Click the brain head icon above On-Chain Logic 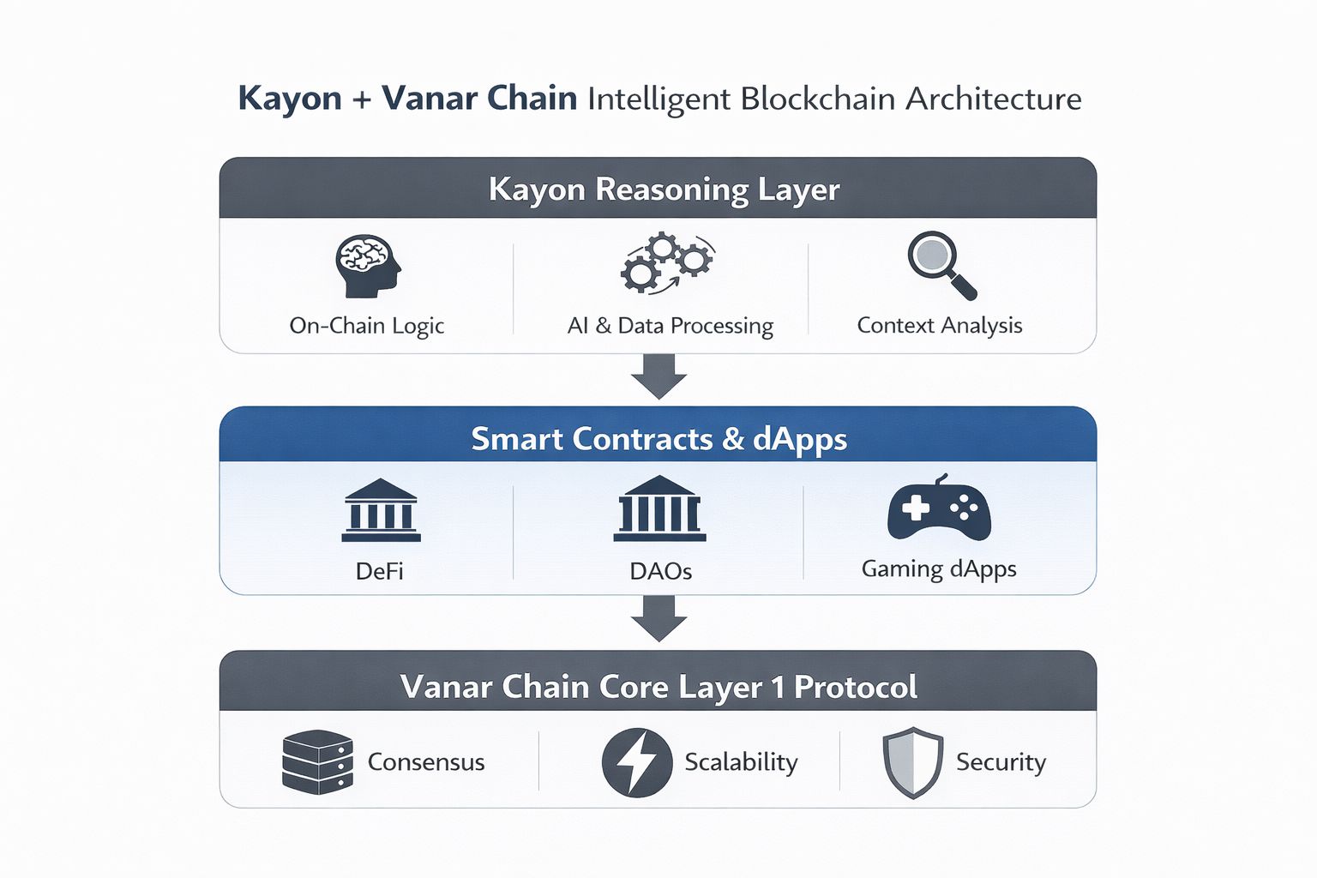click(x=368, y=266)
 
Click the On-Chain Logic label click(x=367, y=326)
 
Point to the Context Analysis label click(x=940, y=326)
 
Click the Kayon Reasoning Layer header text click(x=664, y=189)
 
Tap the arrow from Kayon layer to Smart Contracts click(x=658, y=376)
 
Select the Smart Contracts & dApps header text click(x=658, y=439)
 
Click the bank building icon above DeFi click(x=381, y=510)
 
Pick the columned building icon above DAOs click(x=659, y=508)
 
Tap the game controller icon click(x=939, y=508)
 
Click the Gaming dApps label click(x=939, y=569)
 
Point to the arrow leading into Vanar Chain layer click(x=658, y=617)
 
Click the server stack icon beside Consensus click(x=317, y=761)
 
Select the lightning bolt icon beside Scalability click(x=636, y=762)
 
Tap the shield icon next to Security click(x=913, y=762)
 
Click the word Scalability click(x=741, y=762)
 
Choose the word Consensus click(x=426, y=762)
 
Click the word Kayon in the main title click(x=290, y=99)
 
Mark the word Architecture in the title click(x=994, y=99)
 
